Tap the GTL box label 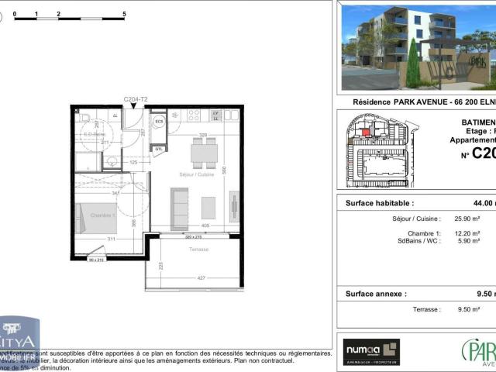click(x=159, y=148)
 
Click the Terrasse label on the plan click(x=198, y=249)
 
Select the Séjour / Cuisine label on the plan click(x=196, y=175)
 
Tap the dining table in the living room click(x=204, y=153)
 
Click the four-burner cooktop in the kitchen click(x=194, y=115)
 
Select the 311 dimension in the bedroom click(x=112, y=239)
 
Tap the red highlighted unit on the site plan click(x=366, y=133)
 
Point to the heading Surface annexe click(x=375, y=294)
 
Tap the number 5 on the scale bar click(x=125, y=14)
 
